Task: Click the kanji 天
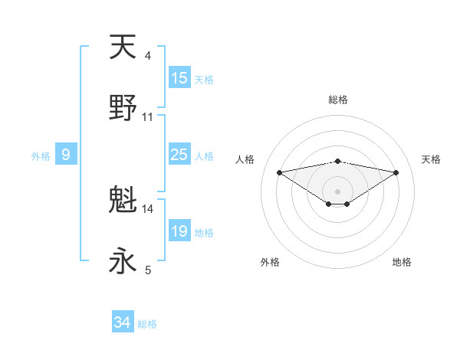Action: (x=123, y=47)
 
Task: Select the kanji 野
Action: (x=123, y=109)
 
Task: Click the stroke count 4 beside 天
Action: (x=147, y=56)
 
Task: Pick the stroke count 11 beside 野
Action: (x=148, y=117)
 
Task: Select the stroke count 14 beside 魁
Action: (x=148, y=208)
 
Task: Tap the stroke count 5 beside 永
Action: (x=147, y=270)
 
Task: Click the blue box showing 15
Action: (x=179, y=78)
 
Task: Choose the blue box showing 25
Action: (x=179, y=155)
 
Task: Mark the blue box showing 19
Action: (x=179, y=231)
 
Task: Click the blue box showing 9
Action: (x=66, y=155)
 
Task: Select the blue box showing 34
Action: (x=123, y=323)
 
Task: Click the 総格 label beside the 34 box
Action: (x=147, y=324)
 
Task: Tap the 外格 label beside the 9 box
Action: (x=41, y=156)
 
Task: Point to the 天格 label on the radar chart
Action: (x=431, y=159)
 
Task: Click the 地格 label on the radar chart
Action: (x=402, y=262)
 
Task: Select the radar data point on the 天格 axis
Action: (x=396, y=172)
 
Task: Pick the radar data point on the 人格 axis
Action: (x=279, y=172)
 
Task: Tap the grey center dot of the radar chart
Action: (x=337, y=191)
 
